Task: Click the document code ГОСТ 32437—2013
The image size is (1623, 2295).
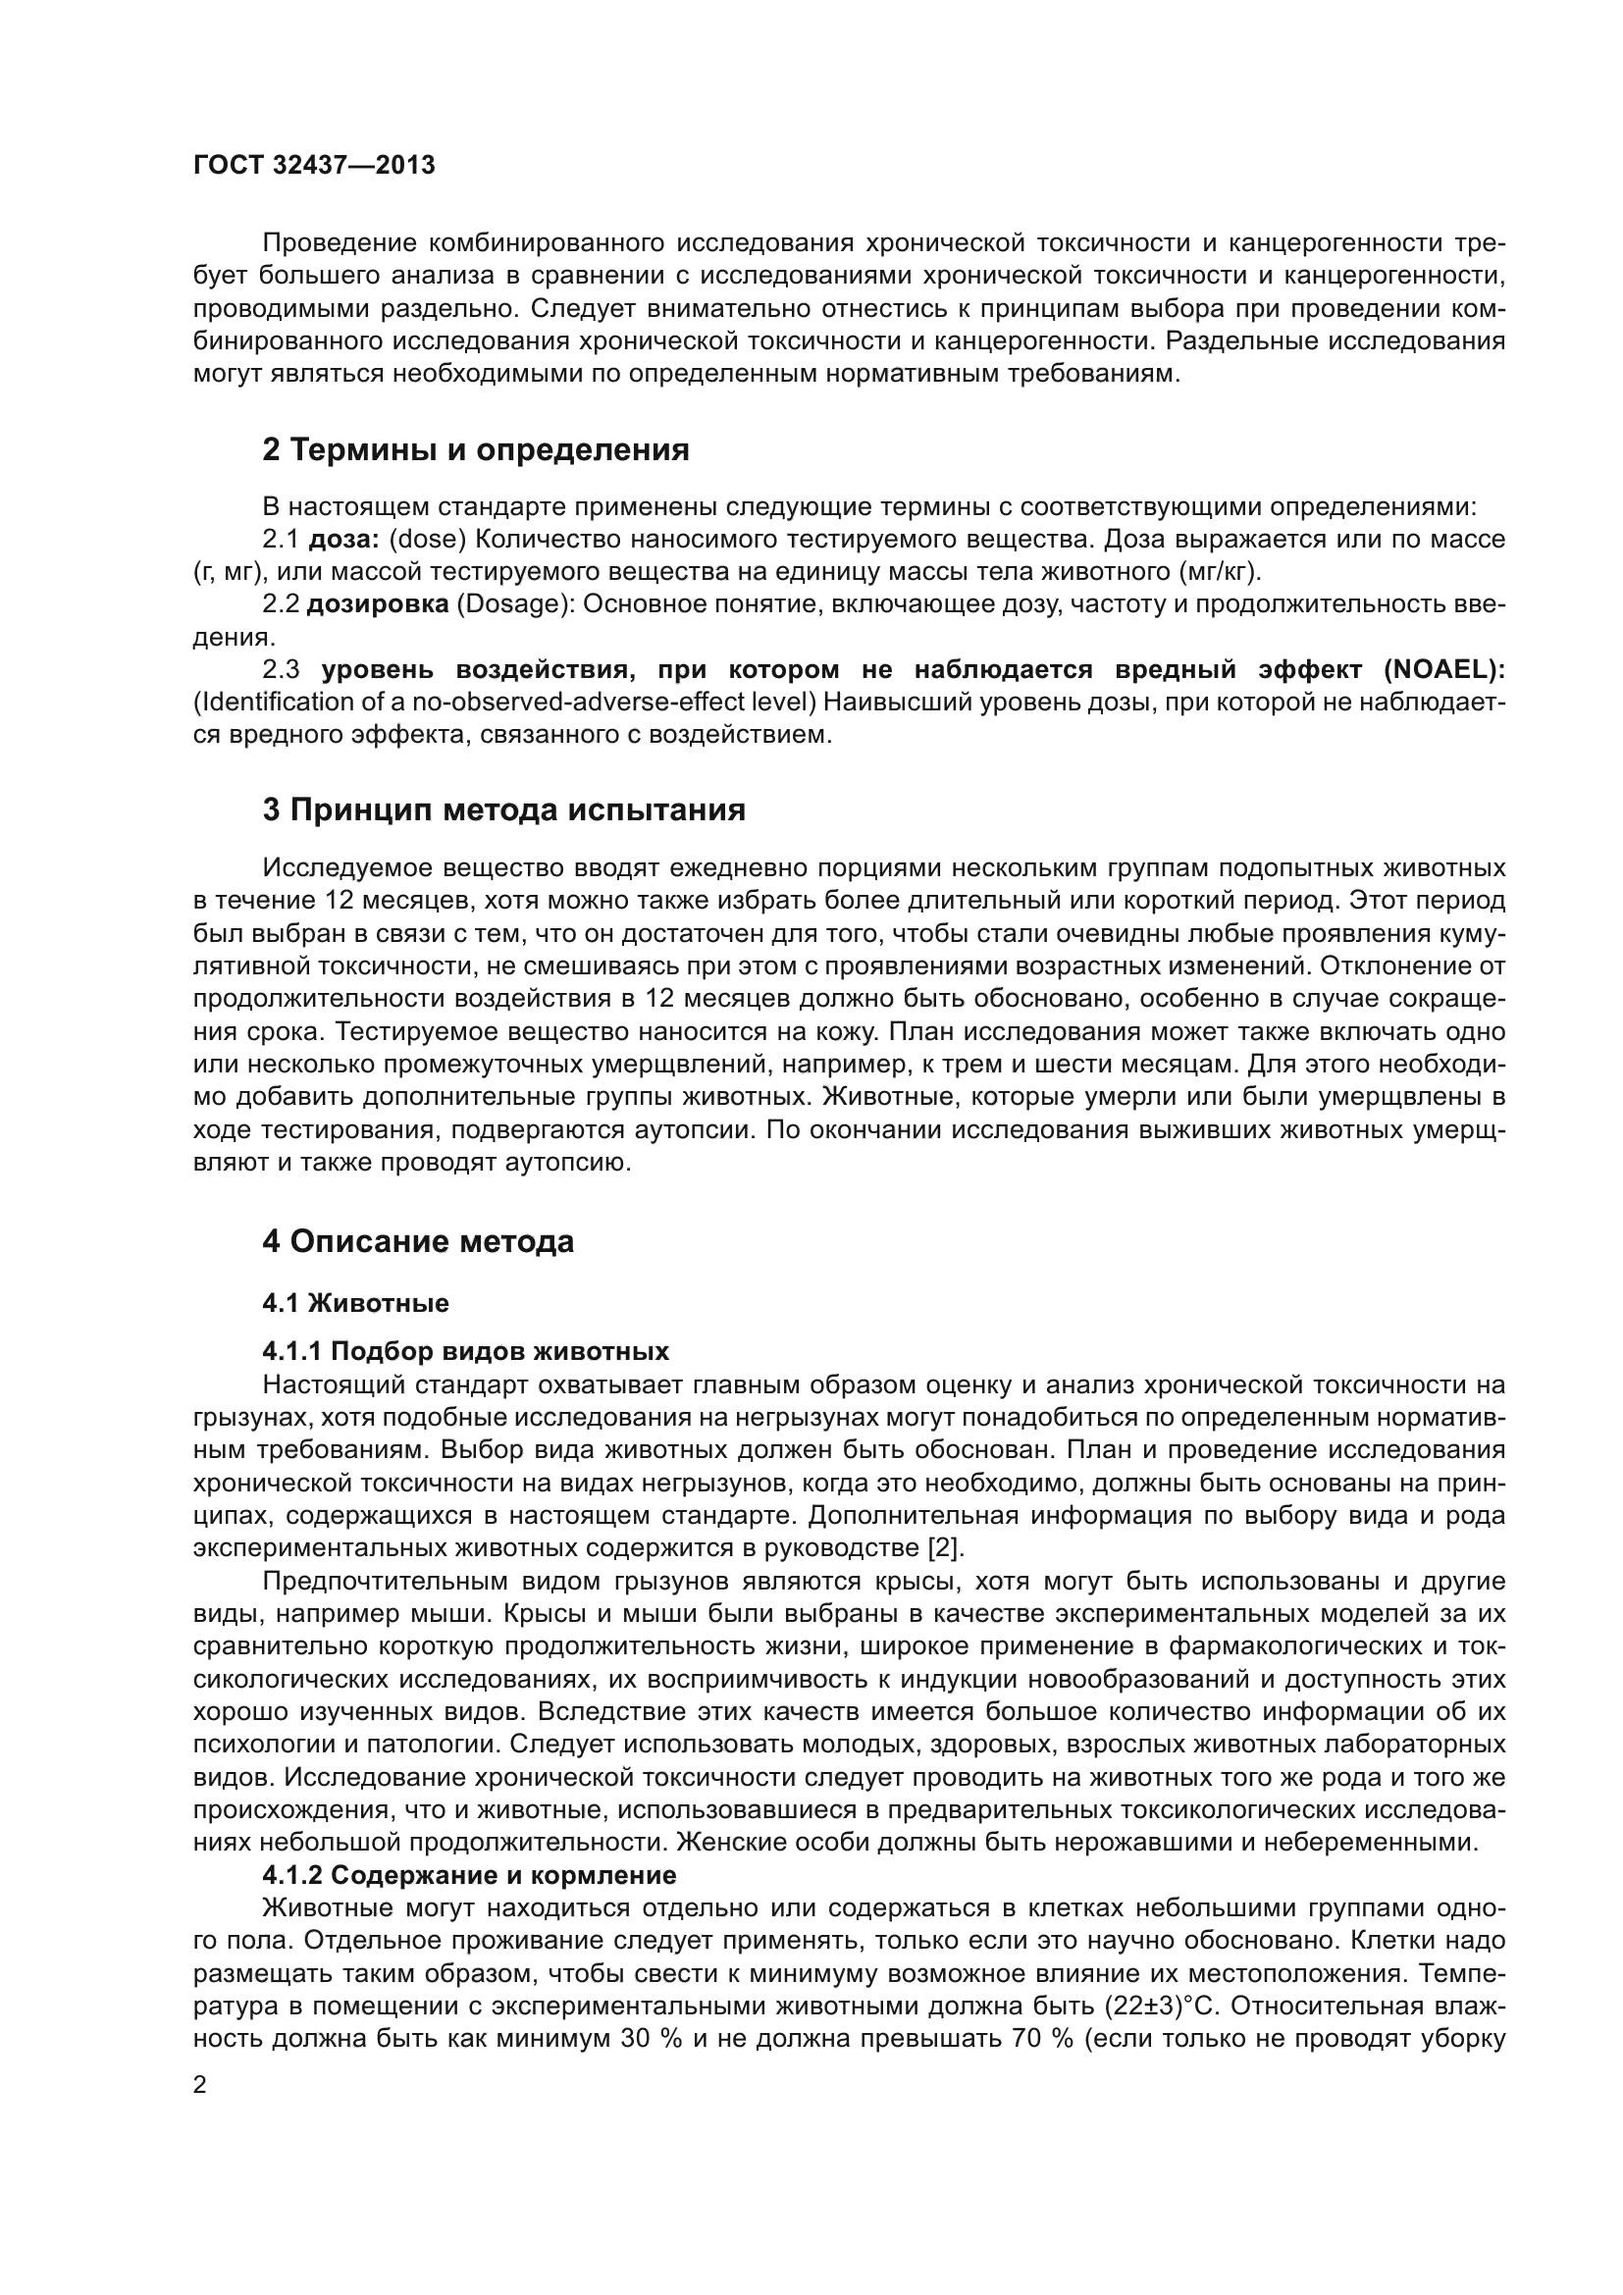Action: coord(314,165)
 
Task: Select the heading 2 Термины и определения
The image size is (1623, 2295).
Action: coord(476,449)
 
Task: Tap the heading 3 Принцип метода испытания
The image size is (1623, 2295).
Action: coord(503,809)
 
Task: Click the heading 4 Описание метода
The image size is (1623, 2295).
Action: coord(418,1241)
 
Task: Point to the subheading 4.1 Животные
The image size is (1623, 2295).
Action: coord(355,1303)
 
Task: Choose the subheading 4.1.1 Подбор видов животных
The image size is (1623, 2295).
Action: coord(465,1352)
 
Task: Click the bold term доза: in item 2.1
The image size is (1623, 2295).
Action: coord(342,540)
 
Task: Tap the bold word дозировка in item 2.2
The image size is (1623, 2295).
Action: coord(377,604)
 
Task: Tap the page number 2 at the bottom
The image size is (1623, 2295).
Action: coord(200,2085)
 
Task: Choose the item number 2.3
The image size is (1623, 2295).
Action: coord(281,670)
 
